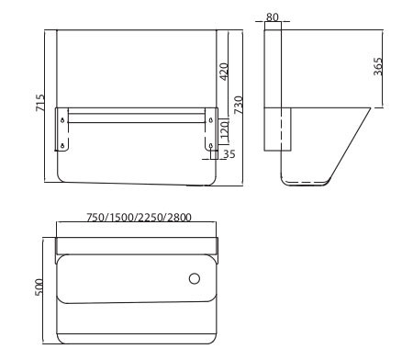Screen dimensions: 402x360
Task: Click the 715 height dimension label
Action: pos(40,103)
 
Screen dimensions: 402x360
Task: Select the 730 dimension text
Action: pos(239,105)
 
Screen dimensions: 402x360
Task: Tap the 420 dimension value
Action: pos(224,72)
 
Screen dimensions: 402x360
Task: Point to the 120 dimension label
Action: pos(224,129)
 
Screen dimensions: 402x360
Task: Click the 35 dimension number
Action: pos(229,154)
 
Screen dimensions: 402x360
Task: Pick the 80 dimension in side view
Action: pos(273,17)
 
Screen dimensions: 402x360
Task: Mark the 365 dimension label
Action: pos(378,66)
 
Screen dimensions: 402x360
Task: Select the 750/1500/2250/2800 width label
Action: pos(139,218)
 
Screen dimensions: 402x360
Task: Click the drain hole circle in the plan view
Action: pos(195,278)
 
